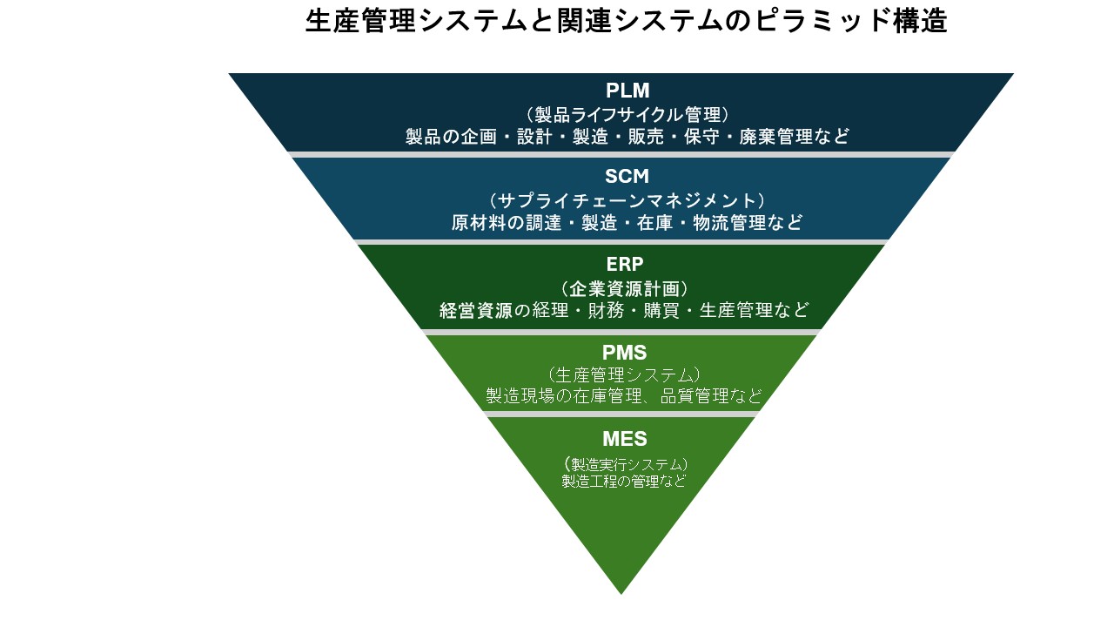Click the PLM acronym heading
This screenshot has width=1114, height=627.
tap(627, 91)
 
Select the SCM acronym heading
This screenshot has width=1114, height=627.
tap(627, 177)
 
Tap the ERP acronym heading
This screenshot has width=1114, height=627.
tap(626, 264)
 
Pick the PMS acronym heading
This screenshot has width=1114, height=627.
tap(624, 353)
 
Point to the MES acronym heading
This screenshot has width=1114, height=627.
tap(624, 439)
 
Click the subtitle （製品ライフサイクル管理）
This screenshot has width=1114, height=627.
tap(627, 114)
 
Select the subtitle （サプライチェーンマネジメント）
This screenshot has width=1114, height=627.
tap(627, 200)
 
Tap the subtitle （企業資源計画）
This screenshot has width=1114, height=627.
tap(625, 287)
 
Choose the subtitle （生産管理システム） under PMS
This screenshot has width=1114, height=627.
tap(623, 374)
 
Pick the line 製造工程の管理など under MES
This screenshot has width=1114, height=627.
tap(623, 481)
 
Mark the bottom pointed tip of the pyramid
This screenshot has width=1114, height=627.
tap(621, 591)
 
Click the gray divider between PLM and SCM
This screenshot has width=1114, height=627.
tap(621, 154)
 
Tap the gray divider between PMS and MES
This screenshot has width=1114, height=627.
tap(621, 415)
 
